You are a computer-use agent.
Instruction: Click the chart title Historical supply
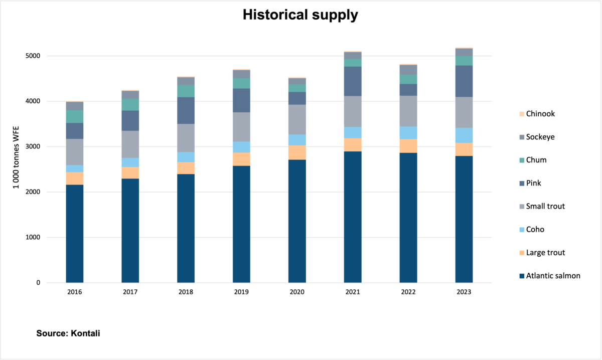point(300,15)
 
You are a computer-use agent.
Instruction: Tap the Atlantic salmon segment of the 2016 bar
point(75,234)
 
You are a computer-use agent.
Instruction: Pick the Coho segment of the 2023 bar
point(464,135)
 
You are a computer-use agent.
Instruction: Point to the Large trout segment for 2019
point(241,159)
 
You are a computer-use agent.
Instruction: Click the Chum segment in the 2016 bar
point(75,116)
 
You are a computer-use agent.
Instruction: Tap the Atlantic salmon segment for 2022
point(408,218)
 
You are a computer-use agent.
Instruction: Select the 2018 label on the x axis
point(186,292)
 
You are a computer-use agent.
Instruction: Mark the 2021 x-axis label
point(353,292)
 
